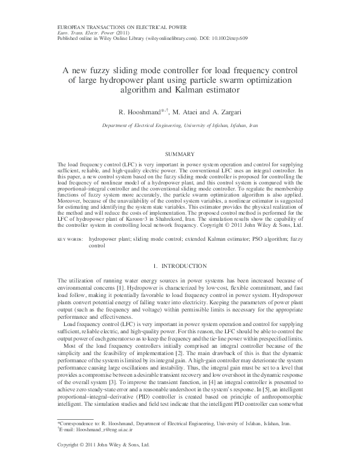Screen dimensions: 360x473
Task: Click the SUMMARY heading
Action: point(180,155)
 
